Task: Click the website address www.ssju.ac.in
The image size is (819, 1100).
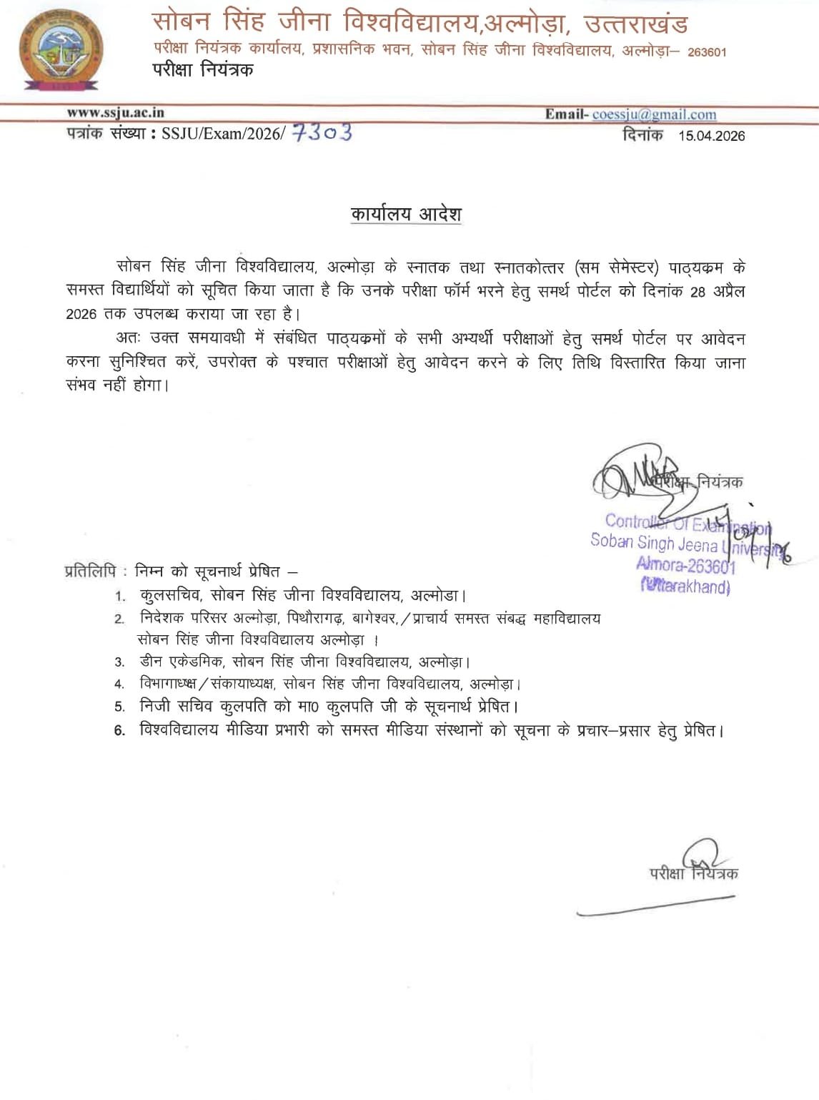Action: click(115, 112)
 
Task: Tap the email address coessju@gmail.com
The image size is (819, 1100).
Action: click(654, 114)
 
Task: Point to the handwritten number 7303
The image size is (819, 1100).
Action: click(323, 132)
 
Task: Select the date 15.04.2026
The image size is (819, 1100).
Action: click(711, 136)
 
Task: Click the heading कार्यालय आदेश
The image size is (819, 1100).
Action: click(406, 214)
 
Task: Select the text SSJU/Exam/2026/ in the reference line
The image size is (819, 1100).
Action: click(223, 134)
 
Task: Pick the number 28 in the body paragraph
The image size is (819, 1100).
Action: click(698, 292)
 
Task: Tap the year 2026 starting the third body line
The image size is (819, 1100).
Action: click(81, 315)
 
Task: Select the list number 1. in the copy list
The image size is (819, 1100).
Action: click(121, 596)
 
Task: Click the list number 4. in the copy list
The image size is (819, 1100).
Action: click(119, 685)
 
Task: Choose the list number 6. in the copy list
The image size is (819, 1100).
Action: click(119, 731)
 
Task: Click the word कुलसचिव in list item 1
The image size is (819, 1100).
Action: click(170, 595)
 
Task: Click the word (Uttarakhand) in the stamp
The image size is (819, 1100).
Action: click(685, 587)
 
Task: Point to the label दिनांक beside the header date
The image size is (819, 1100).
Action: click(642, 134)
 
